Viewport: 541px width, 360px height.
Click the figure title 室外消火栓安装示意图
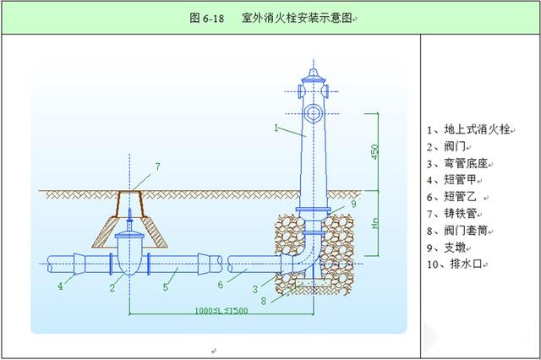pyautogui.click(x=297, y=18)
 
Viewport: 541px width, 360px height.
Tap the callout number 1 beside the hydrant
pyautogui.click(x=276, y=128)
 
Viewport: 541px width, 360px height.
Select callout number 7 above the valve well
pyautogui.click(x=158, y=166)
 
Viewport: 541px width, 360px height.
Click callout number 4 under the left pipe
pyautogui.click(x=60, y=286)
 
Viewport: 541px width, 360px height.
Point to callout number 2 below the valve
pyautogui.click(x=112, y=287)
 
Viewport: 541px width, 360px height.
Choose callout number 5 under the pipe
pyautogui.click(x=166, y=286)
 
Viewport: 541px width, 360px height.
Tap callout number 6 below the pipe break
pyautogui.click(x=221, y=285)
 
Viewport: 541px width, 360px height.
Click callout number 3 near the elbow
pyautogui.click(x=255, y=289)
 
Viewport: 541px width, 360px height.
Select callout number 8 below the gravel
pyautogui.click(x=264, y=301)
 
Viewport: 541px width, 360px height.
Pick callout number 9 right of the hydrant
pyautogui.click(x=353, y=204)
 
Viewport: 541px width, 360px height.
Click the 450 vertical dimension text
pyautogui.click(x=374, y=152)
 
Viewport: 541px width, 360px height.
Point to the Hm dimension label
pyautogui.click(x=375, y=223)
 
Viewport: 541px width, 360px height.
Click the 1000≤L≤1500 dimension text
pyautogui.click(x=221, y=310)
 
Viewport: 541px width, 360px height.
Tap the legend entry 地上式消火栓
pyautogui.click(x=477, y=129)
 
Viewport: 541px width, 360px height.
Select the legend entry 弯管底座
pyautogui.click(x=466, y=163)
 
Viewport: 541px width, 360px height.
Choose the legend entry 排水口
pyautogui.click(x=466, y=265)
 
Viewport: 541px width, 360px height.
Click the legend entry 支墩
pyautogui.click(x=455, y=248)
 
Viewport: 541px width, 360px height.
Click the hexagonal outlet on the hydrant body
pyautogui.click(x=314, y=113)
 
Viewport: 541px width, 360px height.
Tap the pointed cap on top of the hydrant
pyautogui.click(x=314, y=73)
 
